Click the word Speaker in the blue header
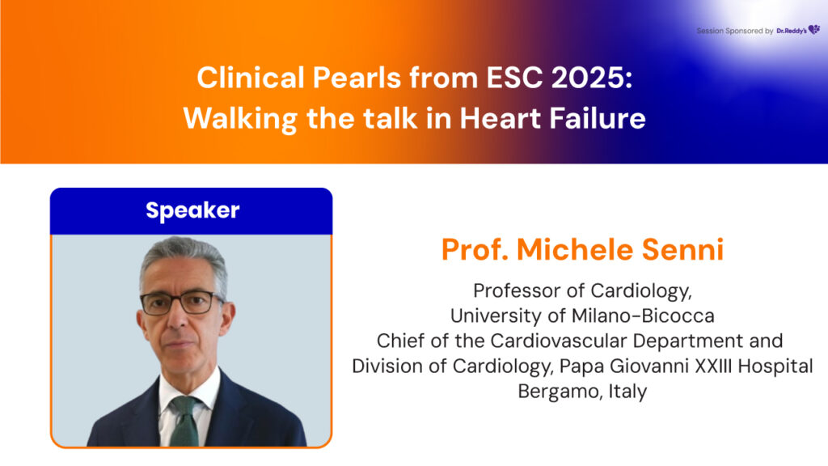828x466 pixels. coord(192,211)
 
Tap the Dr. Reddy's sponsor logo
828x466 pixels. coord(798,30)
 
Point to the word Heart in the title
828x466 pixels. coord(500,118)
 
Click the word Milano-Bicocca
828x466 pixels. coord(643,316)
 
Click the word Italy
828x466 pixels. coord(627,392)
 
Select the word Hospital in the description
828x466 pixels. coord(775,366)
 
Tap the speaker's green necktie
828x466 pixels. coord(185,422)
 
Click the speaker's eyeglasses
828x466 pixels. coord(182,303)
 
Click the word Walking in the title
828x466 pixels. coord(239,118)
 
